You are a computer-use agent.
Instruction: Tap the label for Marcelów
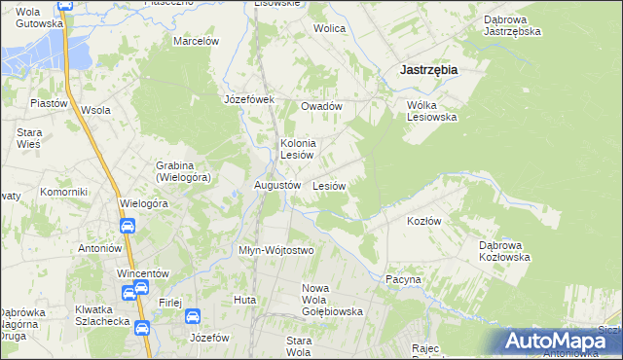(196, 41)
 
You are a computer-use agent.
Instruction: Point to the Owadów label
(321, 106)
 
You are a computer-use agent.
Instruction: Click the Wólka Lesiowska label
(431, 111)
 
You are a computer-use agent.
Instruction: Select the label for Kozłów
(423, 221)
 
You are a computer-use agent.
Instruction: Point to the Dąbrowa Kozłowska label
(504, 251)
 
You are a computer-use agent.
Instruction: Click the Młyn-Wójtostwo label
(276, 250)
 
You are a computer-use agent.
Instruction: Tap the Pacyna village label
(403, 279)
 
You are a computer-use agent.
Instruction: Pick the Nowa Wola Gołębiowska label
(332, 300)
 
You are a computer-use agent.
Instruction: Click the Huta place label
(244, 300)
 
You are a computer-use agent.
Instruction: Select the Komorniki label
(64, 193)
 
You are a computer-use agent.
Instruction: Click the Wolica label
(329, 28)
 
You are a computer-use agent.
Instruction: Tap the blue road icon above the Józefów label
(193, 316)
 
